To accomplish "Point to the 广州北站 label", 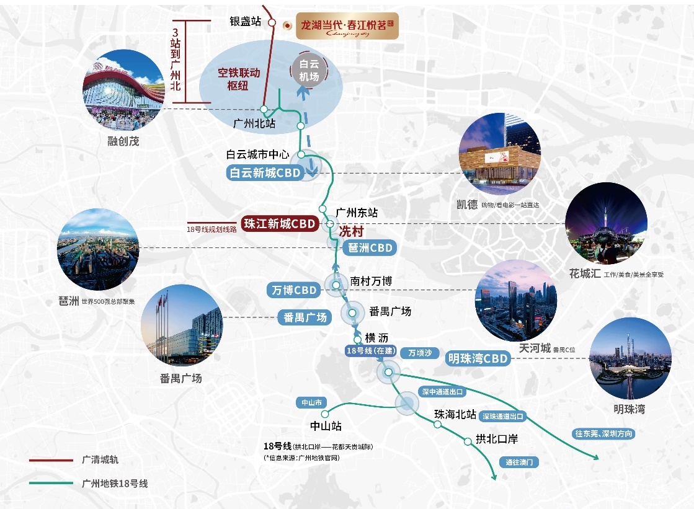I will (x=254, y=123).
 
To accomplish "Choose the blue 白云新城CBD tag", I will (x=265, y=173).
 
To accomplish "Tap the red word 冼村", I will (x=350, y=231).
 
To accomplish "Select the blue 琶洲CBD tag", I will (x=368, y=248).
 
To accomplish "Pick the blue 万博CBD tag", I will (x=295, y=290).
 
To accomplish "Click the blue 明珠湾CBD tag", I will (x=478, y=358).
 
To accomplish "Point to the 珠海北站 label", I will (x=455, y=414).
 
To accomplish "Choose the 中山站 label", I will (x=326, y=427).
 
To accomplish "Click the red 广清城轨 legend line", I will (x=51, y=460).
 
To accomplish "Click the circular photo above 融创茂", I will (x=123, y=90).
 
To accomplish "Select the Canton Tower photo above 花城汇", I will (x=606, y=223).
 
